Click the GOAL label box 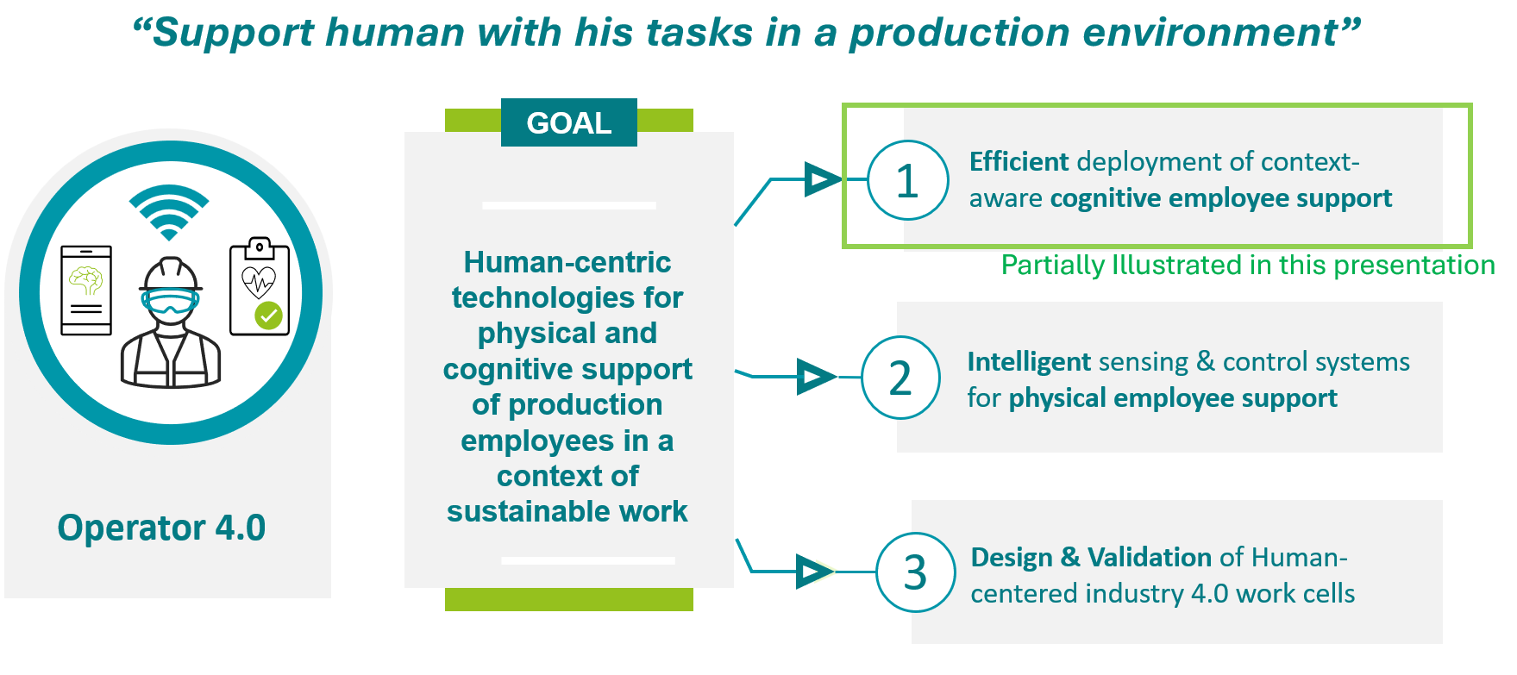pos(569,122)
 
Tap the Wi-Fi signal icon pos(169,212)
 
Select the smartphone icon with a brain pos(86,291)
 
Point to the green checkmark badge pos(269,316)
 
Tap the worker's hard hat pos(171,273)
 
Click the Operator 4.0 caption pos(161,528)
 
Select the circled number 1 pos(907,180)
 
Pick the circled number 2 pos(900,378)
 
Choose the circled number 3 pos(916,572)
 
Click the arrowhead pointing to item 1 pos(822,179)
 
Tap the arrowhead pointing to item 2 pos(816,377)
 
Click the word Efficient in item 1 pos(1019,161)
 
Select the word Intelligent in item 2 pos(1029,362)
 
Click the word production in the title pos(959,34)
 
